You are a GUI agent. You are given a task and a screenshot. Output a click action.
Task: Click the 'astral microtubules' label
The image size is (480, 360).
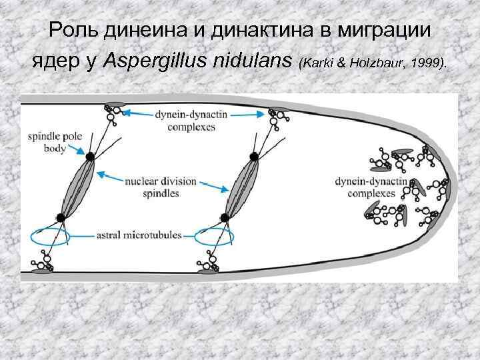pos(136,235)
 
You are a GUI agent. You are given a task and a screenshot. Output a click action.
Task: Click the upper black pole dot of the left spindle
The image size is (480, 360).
pos(89,156)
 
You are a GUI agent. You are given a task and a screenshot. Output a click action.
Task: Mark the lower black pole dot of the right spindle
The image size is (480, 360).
pos(224,217)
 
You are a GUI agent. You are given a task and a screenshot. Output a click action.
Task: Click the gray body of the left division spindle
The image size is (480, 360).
pos(75,187)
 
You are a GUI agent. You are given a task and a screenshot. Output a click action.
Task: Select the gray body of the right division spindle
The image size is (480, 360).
pos(239,187)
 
